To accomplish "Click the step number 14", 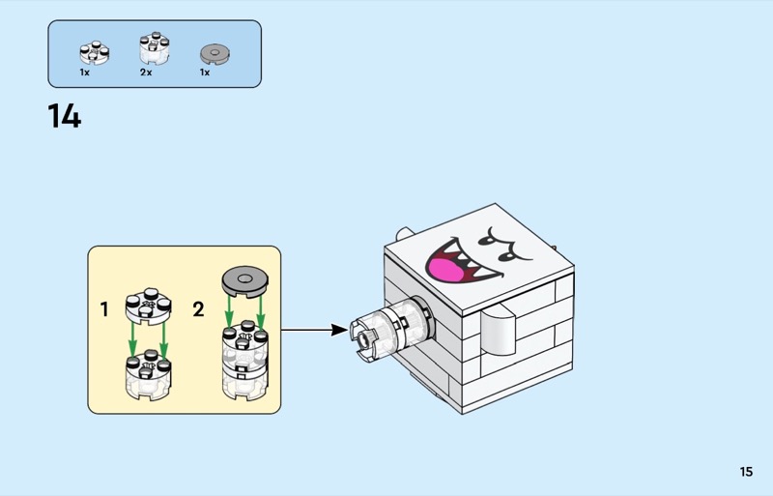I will (65, 116).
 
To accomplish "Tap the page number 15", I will (745, 472).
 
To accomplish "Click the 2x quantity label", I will (146, 73).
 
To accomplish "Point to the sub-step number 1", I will (104, 310).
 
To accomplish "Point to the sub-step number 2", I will (198, 310).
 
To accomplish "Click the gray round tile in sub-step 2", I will (243, 281).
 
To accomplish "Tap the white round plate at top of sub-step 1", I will (147, 304).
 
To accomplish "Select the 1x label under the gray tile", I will (205, 73).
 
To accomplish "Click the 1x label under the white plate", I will (85, 73).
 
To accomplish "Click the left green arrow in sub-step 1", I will (132, 339).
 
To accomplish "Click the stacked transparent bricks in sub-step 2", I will (243, 362).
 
